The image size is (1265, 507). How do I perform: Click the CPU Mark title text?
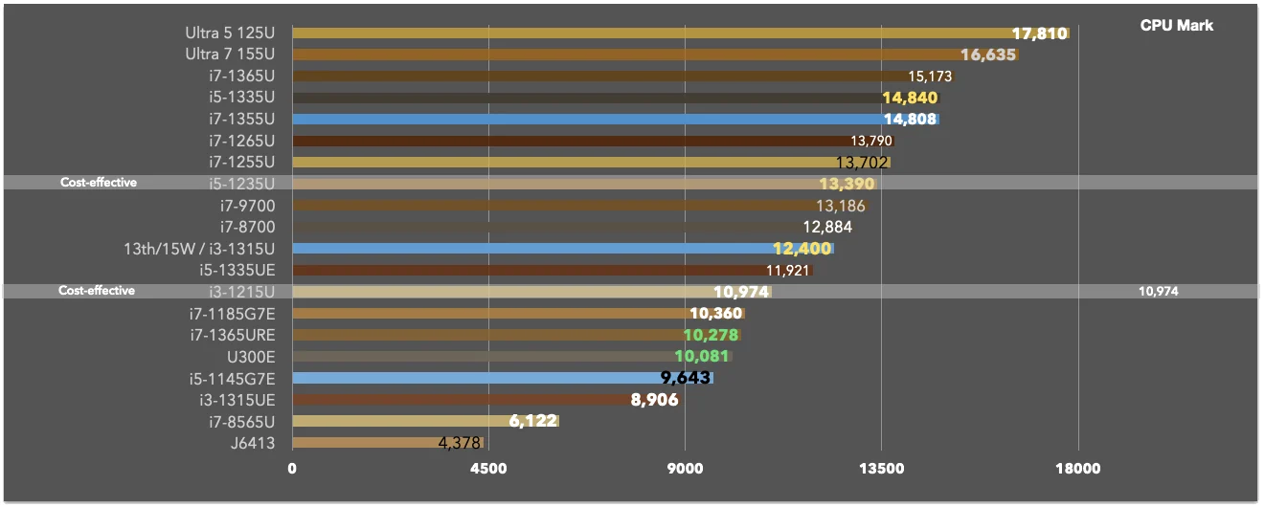(1176, 26)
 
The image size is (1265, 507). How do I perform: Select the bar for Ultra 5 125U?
(681, 33)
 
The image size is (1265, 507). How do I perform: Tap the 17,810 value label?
(1039, 33)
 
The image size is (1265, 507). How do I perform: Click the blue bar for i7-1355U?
(616, 119)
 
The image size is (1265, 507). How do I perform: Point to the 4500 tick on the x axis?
(488, 468)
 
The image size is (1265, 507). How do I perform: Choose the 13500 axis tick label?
(881, 468)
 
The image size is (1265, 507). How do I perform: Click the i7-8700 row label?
(247, 227)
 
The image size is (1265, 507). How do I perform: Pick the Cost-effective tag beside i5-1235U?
(99, 182)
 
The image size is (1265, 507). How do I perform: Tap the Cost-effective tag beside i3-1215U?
(97, 291)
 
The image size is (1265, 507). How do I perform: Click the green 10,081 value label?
(701, 356)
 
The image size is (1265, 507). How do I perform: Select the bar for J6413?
(388, 443)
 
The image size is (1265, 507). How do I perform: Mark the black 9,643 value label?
(685, 377)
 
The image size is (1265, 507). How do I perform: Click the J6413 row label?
(253, 443)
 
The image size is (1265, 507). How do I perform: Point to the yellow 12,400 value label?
(802, 248)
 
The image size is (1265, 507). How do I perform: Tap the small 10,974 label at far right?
(1159, 291)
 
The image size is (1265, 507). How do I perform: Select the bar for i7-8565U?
(426, 421)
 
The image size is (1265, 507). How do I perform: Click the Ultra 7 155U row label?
(230, 55)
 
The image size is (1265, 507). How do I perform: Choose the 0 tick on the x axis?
(292, 468)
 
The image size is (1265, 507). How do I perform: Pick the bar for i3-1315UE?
(486, 399)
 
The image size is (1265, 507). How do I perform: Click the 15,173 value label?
(930, 77)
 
